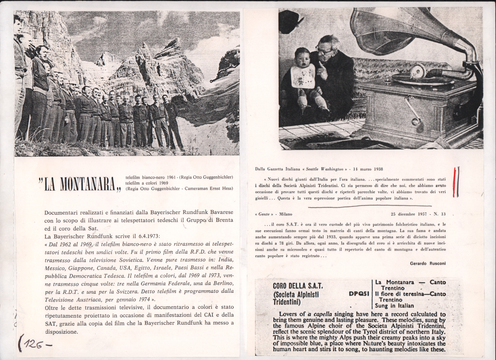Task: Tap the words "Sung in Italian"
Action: point(394,306)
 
